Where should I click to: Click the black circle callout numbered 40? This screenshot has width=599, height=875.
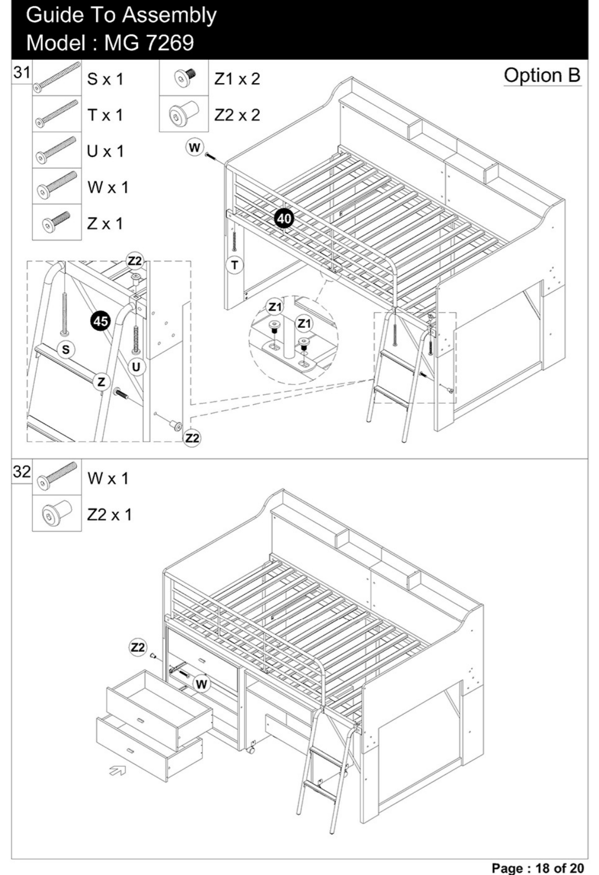coord(284,218)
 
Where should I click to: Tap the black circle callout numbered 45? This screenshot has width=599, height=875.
coord(100,321)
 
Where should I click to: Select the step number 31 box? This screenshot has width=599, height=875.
coord(22,72)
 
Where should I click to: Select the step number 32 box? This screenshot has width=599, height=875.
coord(22,471)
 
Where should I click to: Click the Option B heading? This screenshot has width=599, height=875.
coord(542,75)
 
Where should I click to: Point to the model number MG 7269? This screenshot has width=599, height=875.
coord(149,43)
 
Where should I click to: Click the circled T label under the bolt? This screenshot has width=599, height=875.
coord(234,265)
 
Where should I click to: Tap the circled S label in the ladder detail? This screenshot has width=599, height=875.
coord(65,350)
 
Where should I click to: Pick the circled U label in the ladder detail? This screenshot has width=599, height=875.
coord(136,367)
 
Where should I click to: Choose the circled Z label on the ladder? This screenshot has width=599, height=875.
coord(101,382)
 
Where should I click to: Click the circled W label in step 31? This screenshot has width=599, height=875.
coord(194,148)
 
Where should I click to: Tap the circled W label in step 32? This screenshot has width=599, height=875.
coord(202,684)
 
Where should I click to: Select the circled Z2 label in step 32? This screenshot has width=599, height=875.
coord(138,647)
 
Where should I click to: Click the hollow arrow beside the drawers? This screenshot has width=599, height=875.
coord(117,769)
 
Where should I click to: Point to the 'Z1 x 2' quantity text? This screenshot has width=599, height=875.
coord(237,79)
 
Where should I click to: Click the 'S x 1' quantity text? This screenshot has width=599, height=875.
coord(105,79)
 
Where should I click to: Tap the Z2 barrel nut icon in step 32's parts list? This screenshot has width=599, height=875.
coord(57,513)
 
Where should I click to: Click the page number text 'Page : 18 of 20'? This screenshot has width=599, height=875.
coord(538,868)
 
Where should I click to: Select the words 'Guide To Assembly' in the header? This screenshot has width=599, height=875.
coord(121,16)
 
